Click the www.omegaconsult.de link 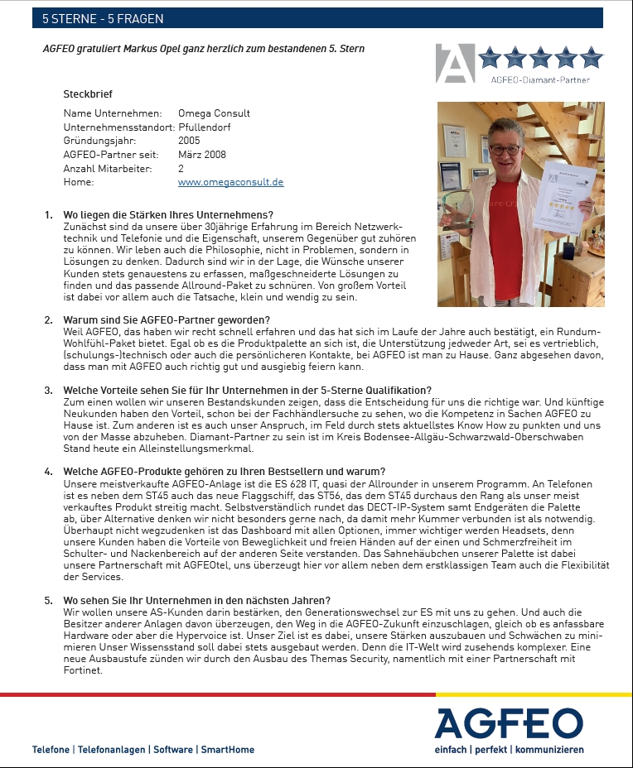230,182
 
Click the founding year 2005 189,141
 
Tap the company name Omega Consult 214,113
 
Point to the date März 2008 201,155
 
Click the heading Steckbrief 88,94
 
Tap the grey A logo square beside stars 455,63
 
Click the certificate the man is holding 562,195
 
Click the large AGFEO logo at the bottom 510,722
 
